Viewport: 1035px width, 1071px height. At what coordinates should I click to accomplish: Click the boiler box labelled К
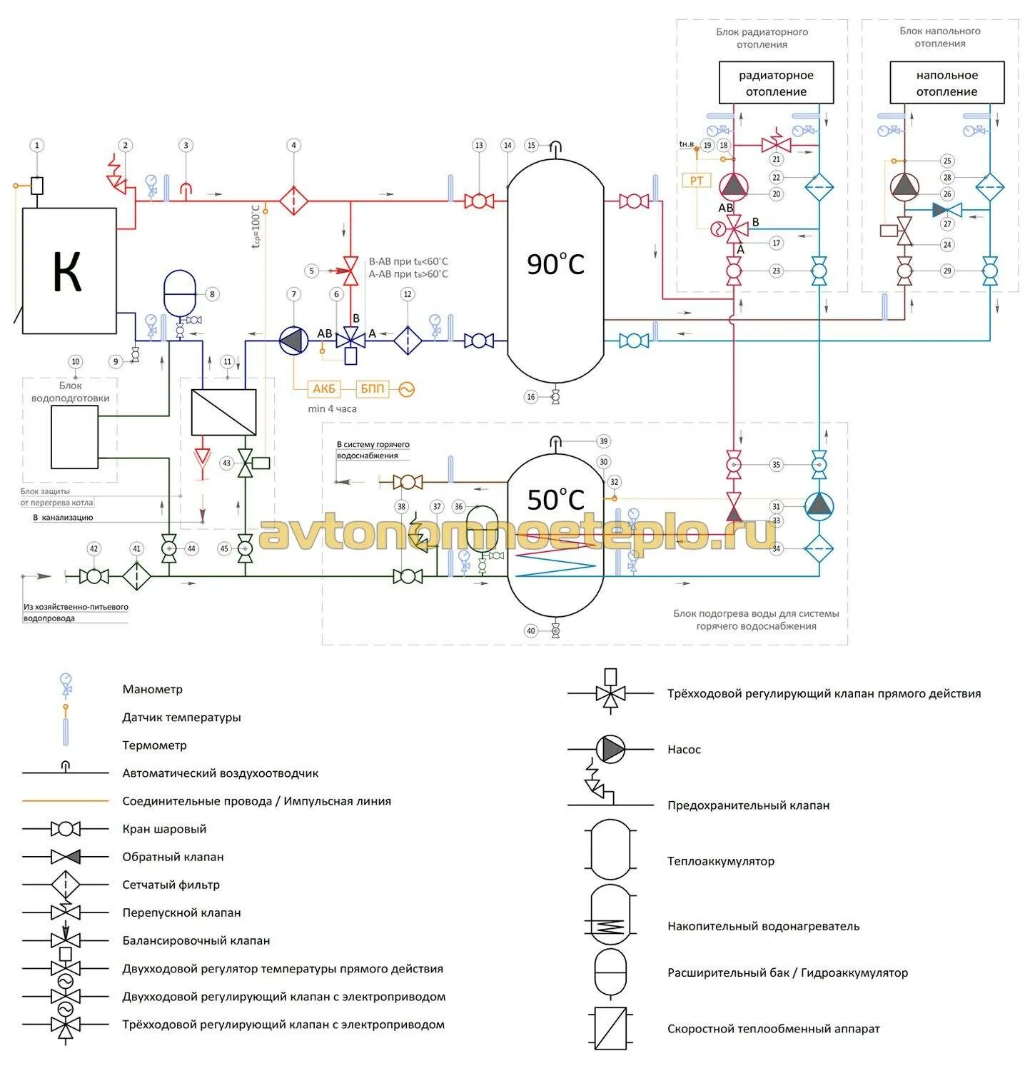(x=69, y=271)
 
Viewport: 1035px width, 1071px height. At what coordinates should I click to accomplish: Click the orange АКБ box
(x=324, y=389)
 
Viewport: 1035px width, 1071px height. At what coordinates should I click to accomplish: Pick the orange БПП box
(x=372, y=389)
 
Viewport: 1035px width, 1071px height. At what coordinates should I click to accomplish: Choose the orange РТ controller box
(x=697, y=181)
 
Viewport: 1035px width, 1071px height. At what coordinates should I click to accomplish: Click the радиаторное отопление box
(x=776, y=83)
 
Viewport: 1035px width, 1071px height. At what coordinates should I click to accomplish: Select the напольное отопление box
(x=946, y=83)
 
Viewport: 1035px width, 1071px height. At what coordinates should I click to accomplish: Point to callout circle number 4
(x=293, y=146)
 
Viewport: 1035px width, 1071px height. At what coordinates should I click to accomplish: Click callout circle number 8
(x=211, y=294)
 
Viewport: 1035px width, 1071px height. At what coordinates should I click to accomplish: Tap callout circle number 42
(x=94, y=549)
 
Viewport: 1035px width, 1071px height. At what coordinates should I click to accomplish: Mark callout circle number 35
(x=776, y=465)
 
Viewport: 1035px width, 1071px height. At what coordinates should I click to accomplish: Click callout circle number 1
(x=37, y=146)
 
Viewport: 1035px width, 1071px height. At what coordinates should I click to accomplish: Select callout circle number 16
(x=531, y=397)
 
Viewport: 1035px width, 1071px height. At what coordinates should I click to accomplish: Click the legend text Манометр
(x=153, y=689)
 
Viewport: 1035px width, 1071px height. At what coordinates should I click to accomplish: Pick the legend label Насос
(x=684, y=749)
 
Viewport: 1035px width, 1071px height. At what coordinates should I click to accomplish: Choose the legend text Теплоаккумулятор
(x=721, y=861)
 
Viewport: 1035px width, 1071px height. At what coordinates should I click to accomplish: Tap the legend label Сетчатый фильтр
(x=171, y=885)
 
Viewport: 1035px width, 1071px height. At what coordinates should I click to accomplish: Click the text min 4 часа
(x=332, y=409)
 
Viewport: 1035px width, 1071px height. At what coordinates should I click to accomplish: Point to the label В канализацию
(x=63, y=518)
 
